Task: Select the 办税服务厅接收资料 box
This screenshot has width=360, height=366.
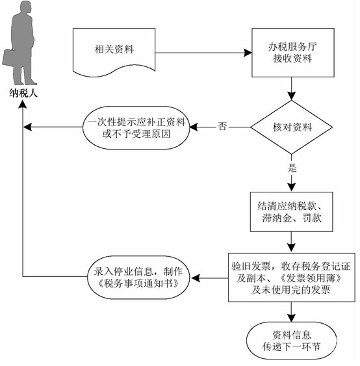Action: pyautogui.click(x=293, y=53)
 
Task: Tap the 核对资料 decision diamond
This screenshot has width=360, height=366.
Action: pyautogui.click(x=291, y=127)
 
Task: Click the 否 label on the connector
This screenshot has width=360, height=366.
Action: pyautogui.click(x=222, y=127)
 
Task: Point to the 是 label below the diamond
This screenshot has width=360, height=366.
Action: pyautogui.click(x=292, y=168)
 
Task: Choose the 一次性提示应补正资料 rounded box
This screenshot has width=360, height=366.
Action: pyautogui.click(x=136, y=127)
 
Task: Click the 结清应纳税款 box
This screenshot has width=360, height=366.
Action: pyautogui.click(x=291, y=212)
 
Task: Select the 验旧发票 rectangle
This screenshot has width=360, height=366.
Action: pyautogui.click(x=291, y=278)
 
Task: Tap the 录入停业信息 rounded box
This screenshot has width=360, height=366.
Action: pyautogui.click(x=138, y=278)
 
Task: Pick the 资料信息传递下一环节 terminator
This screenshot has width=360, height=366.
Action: pyautogui.click(x=291, y=341)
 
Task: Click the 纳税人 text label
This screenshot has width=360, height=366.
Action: pyautogui.click(x=23, y=94)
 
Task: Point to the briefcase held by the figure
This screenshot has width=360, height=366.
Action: pyautogui.click(x=8, y=58)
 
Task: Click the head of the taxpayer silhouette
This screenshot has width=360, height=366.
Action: pyautogui.click(x=25, y=7)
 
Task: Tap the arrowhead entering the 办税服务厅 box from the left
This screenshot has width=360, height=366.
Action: pyautogui.click(x=248, y=53)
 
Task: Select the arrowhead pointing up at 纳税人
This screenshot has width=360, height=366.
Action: pyautogui.click(x=23, y=104)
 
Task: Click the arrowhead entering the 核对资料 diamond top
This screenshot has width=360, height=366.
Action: pyautogui.click(x=291, y=96)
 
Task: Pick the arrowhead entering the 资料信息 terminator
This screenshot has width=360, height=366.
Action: pyautogui.click(x=291, y=318)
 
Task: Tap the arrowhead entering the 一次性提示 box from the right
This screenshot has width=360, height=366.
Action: pyautogui.click(x=194, y=127)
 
